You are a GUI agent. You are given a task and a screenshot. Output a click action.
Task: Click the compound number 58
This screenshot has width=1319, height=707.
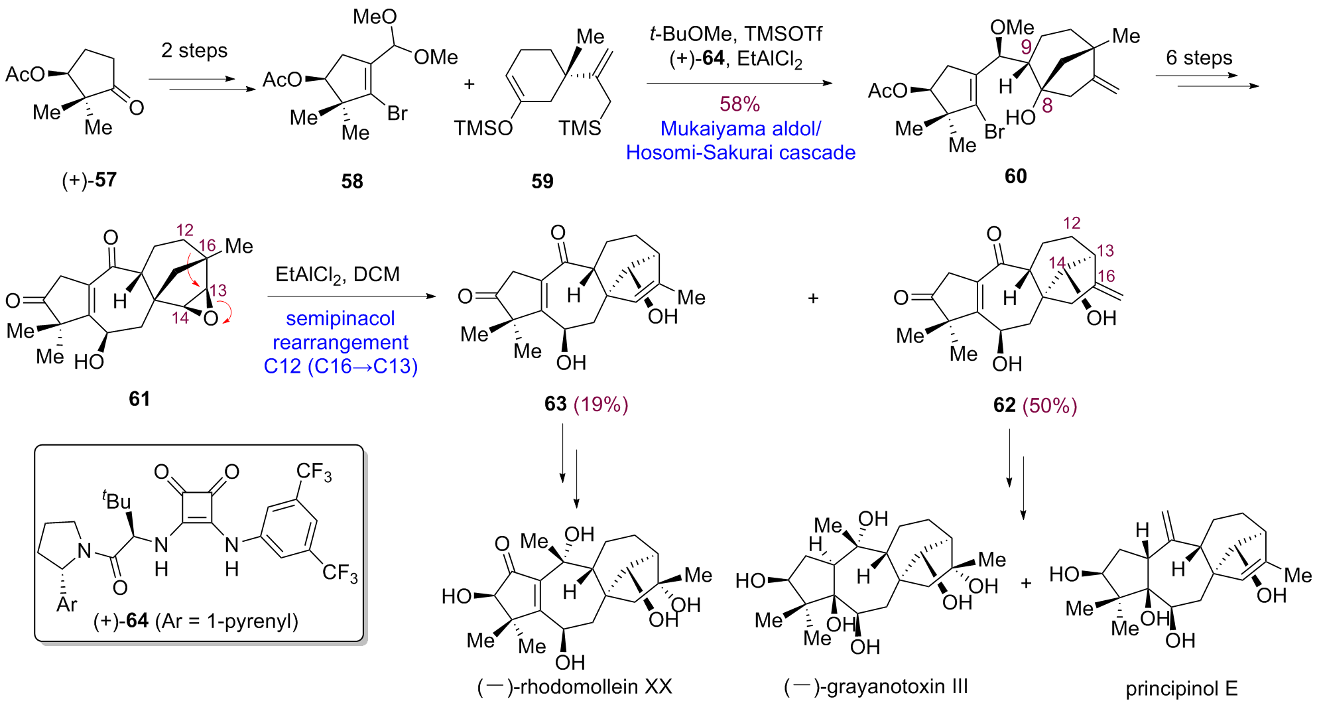tap(352, 181)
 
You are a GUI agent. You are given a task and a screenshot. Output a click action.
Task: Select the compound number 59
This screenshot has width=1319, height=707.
tap(542, 181)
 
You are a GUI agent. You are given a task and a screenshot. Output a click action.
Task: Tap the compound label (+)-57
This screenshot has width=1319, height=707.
tap(90, 180)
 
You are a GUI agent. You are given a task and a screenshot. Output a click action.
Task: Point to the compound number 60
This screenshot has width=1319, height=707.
tap(1015, 176)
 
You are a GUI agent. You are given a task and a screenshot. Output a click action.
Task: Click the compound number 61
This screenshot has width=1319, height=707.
tap(139, 398)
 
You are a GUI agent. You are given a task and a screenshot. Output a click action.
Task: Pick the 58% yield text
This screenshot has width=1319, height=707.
tap(739, 103)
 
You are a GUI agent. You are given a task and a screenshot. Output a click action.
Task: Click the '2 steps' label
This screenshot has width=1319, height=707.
tap(194, 50)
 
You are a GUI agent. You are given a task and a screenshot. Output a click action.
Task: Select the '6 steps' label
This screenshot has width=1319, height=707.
tap(1199, 58)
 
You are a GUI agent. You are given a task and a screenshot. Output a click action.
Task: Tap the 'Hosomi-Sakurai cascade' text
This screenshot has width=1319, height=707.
tap(740, 153)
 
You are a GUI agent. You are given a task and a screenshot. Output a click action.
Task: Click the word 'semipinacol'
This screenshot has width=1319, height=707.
tap(340, 318)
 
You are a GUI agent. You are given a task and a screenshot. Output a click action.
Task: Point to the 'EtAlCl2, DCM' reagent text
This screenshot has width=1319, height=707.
tap(338, 274)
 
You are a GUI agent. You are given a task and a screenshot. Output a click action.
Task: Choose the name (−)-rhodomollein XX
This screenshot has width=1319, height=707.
tap(574, 686)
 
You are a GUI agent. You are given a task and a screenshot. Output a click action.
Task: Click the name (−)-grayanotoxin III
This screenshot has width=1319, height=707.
tap(875, 686)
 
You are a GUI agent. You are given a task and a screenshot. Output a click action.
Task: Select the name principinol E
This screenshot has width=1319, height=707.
tap(1181, 688)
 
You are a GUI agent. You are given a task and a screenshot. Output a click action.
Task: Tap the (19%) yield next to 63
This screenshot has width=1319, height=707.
tap(601, 404)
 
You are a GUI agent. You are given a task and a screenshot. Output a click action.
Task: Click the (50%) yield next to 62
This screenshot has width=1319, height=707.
tap(1050, 405)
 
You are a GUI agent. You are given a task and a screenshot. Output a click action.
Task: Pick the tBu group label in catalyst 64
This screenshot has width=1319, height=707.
tap(117, 500)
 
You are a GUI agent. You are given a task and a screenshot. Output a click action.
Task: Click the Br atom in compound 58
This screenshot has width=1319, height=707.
tap(397, 113)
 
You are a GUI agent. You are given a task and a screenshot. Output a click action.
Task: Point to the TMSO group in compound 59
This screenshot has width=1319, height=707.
tap(483, 127)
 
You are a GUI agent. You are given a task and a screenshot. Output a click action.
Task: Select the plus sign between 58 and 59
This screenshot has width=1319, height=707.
tap(470, 84)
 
